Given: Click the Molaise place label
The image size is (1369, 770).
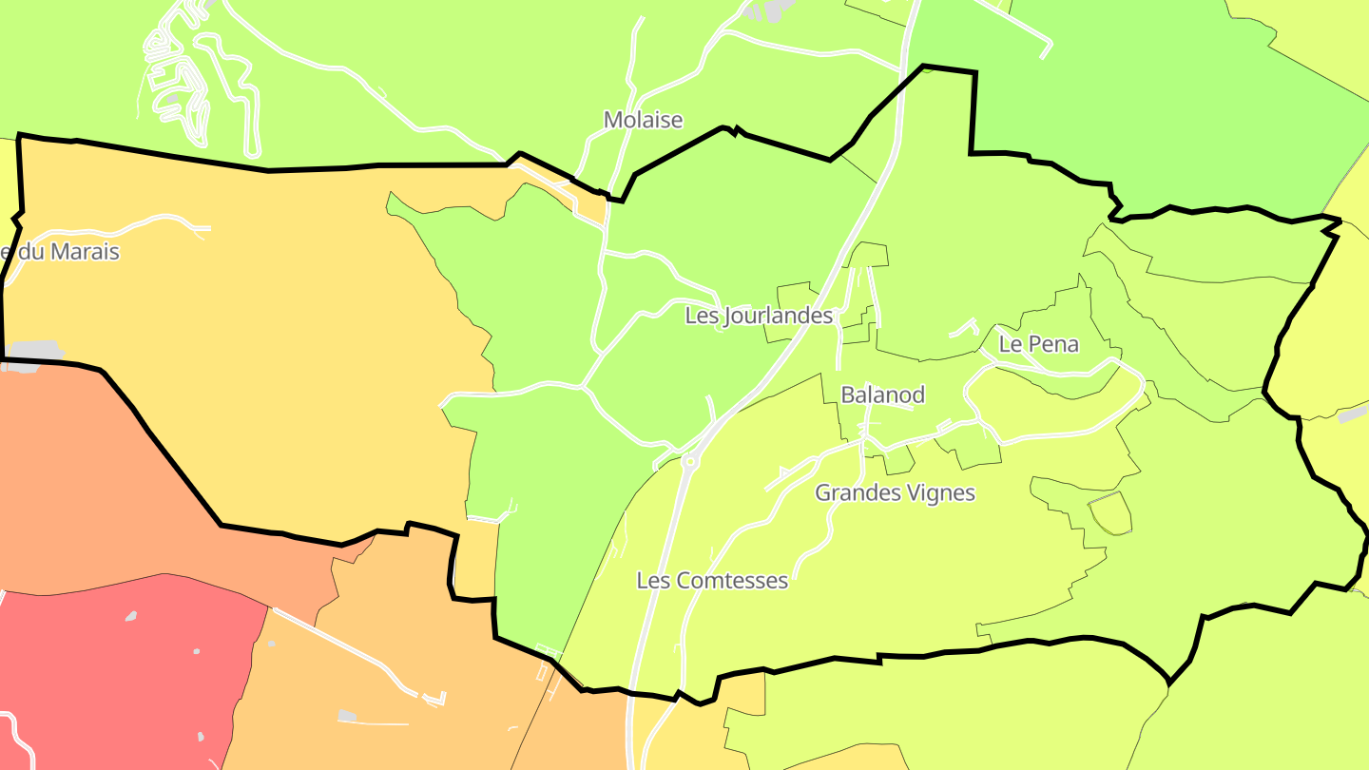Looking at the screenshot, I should [x=644, y=120].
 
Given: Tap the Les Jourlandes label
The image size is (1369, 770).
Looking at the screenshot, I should [x=759, y=316].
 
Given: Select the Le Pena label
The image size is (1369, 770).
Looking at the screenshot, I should [x=1038, y=344].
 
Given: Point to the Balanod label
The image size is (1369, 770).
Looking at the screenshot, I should [x=882, y=395].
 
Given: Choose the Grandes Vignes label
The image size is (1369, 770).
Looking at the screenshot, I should [x=895, y=492].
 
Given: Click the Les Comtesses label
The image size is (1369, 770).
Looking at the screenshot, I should [x=712, y=580].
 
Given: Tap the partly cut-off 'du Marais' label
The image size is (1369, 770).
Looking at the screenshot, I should [x=60, y=252].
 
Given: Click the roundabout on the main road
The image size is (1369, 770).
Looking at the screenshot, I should [x=689, y=463].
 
